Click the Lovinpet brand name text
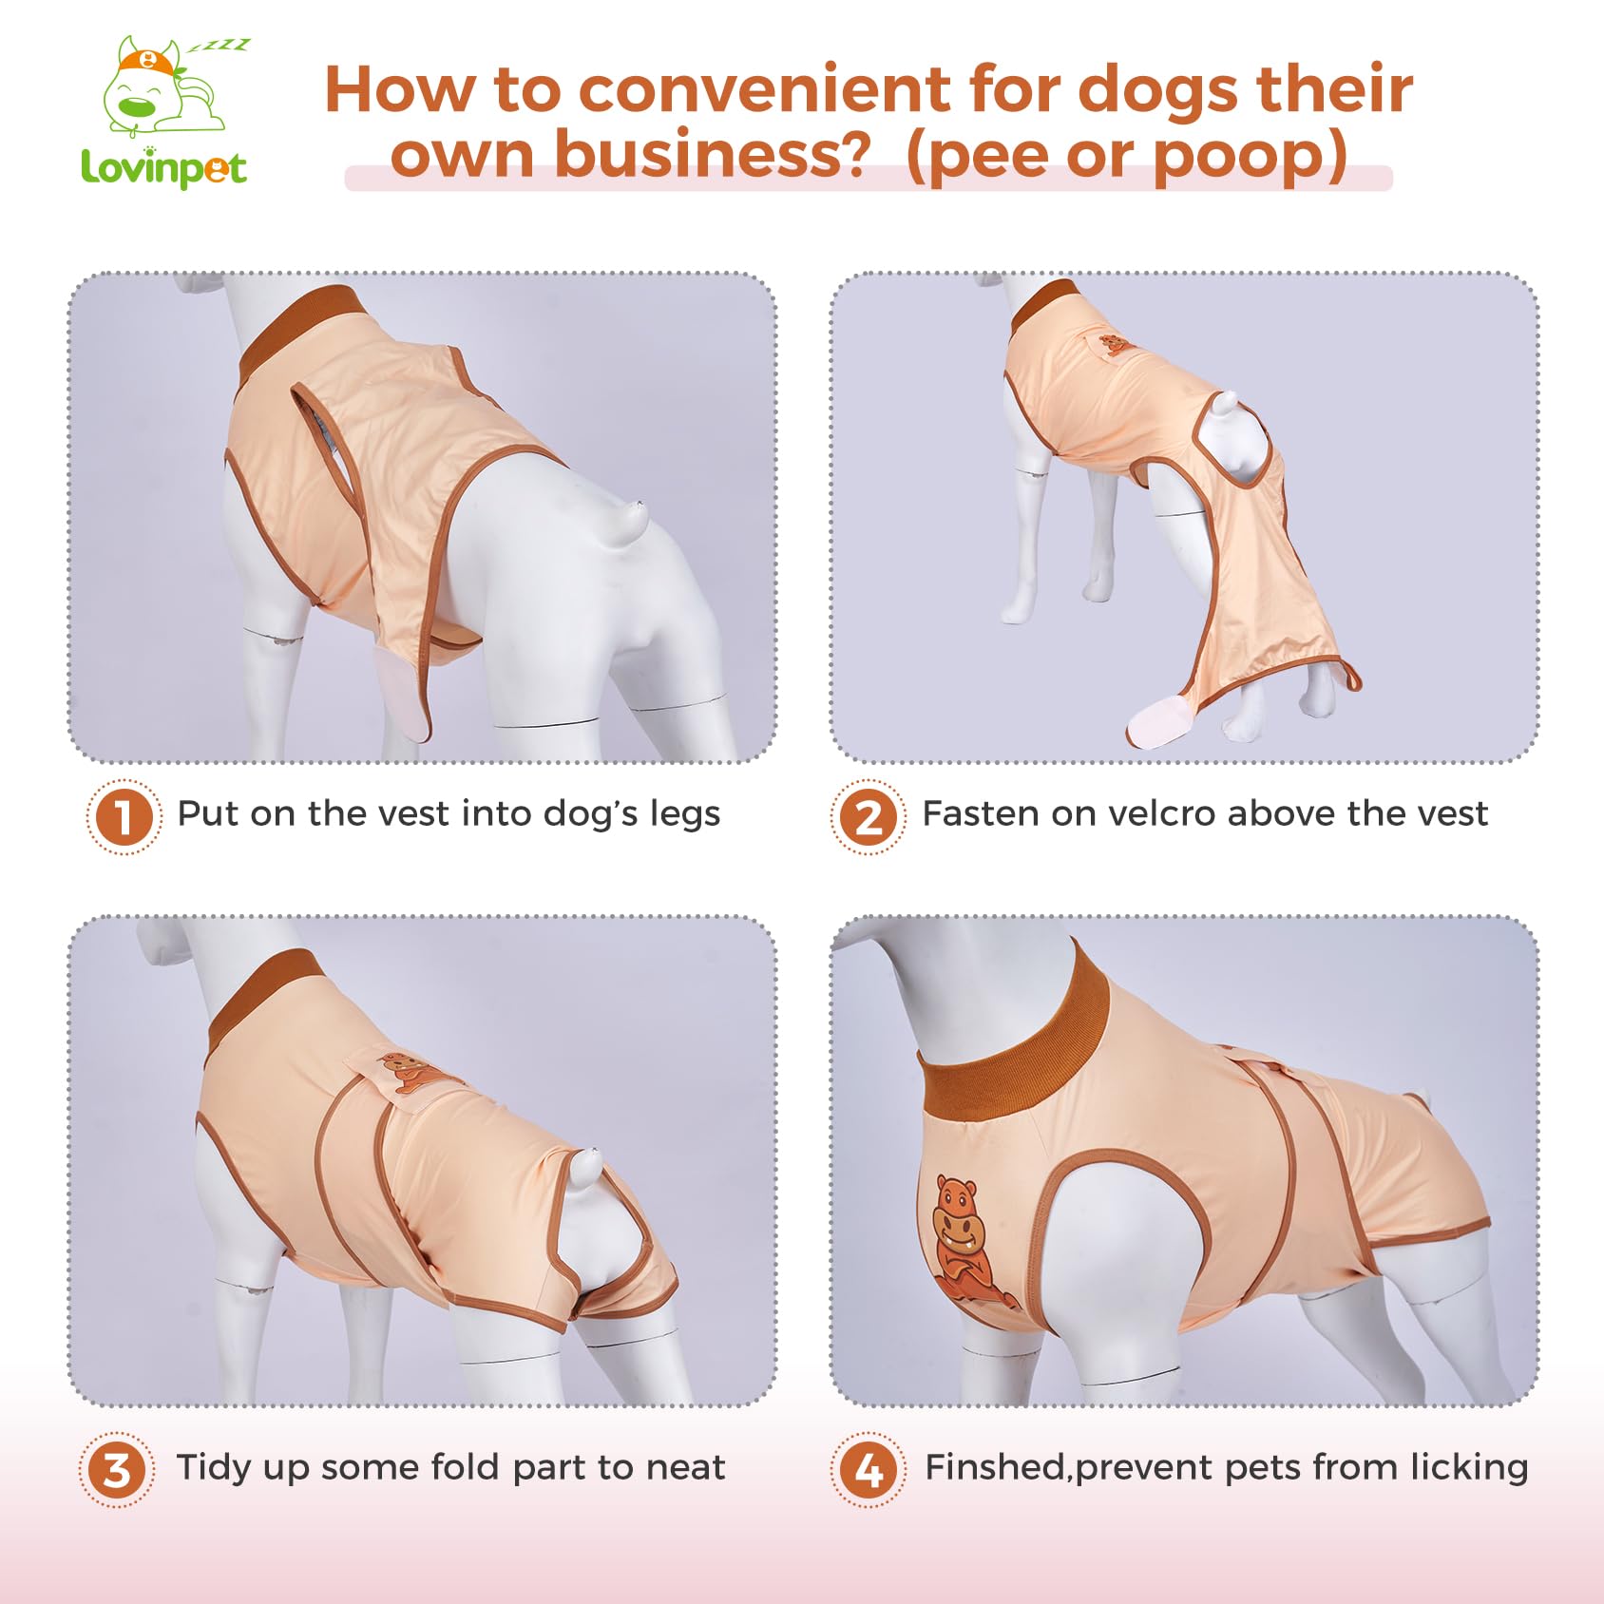pos(163,169)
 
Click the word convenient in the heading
pos(764,90)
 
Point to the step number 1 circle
pos(124,816)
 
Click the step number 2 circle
pos(868,816)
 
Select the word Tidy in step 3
pos(214,1468)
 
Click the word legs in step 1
pos(684,815)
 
